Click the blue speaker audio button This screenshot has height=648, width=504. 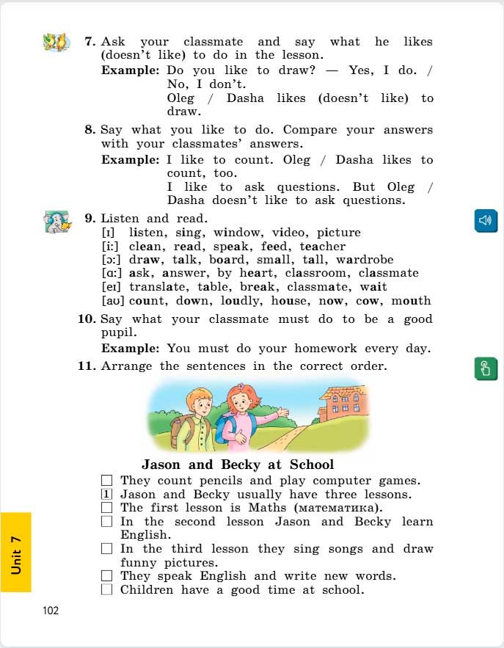click(x=486, y=220)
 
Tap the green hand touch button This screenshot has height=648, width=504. click(x=486, y=368)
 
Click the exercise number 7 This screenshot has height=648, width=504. click(x=90, y=43)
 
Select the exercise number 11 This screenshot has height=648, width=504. click(x=87, y=365)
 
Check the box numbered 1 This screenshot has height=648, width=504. click(x=106, y=494)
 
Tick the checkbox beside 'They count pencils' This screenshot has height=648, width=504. click(x=106, y=481)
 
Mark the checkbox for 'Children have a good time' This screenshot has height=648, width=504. click(x=106, y=589)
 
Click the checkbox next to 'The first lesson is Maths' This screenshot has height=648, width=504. click(x=106, y=507)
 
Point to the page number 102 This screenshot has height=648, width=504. click(x=50, y=610)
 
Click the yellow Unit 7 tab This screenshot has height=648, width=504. click(x=16, y=552)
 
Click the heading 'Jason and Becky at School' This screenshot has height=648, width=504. click(x=237, y=465)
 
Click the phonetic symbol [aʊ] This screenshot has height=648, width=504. click(x=112, y=300)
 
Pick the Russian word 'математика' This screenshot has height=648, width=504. click(x=337, y=508)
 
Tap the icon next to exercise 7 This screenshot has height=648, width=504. click(x=56, y=42)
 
